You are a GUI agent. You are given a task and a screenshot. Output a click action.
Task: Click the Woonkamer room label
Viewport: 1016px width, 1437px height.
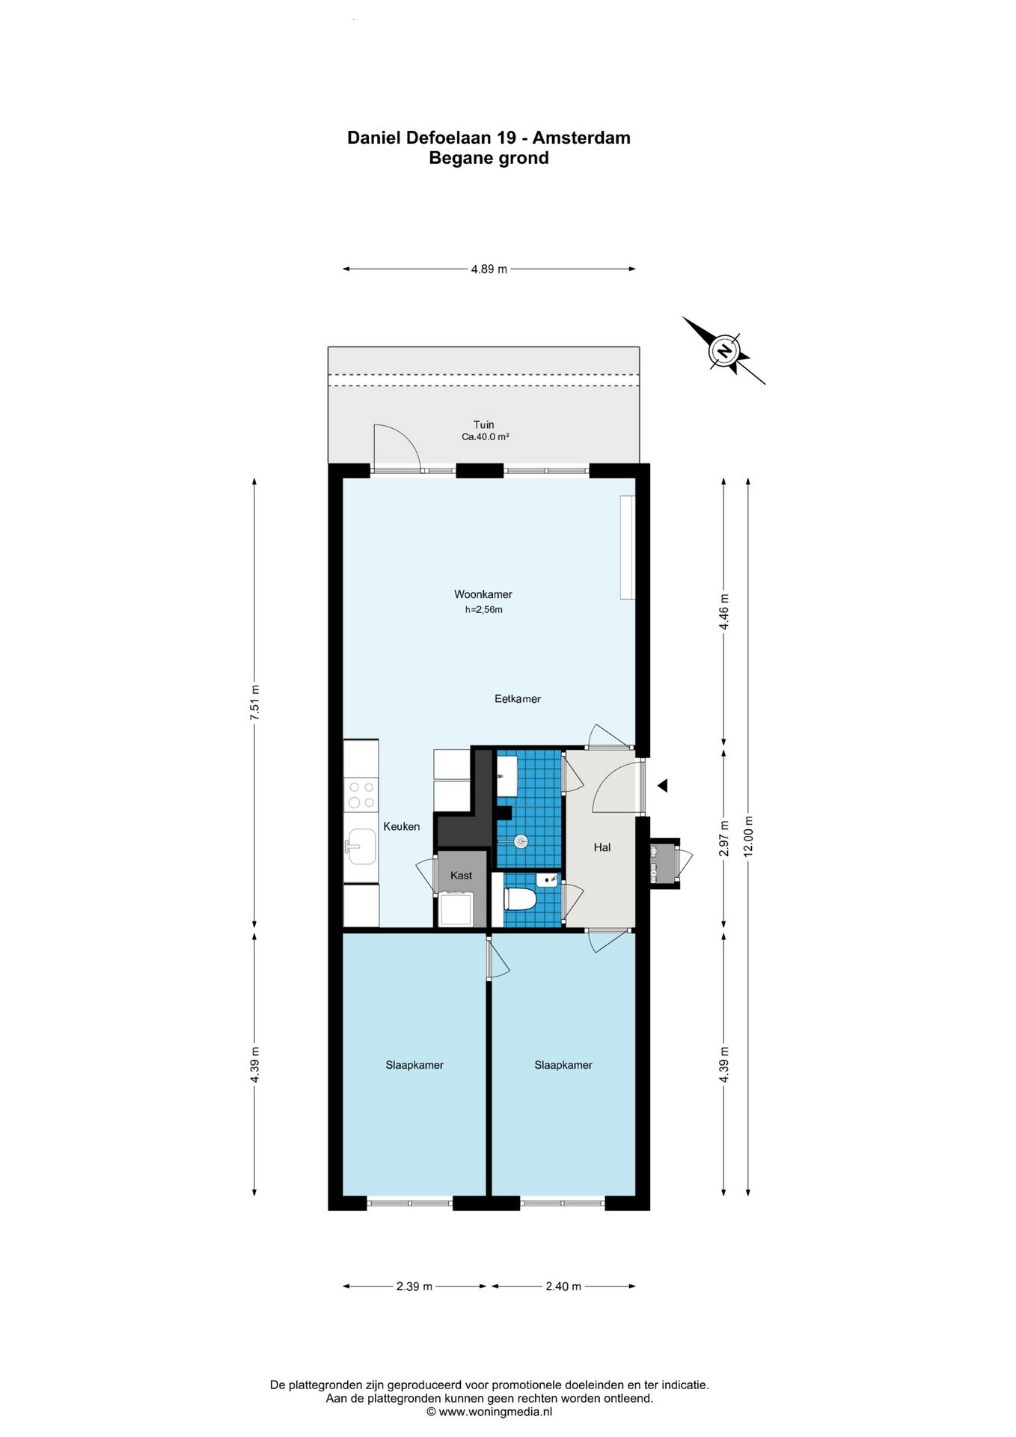483,594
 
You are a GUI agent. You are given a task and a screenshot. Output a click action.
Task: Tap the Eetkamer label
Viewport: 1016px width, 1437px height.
518,699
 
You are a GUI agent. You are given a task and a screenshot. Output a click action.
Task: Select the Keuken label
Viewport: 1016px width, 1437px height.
402,826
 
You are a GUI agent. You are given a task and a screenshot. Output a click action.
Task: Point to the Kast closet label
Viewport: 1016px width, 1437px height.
462,875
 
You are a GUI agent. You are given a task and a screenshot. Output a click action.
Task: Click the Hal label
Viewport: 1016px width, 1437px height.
602,847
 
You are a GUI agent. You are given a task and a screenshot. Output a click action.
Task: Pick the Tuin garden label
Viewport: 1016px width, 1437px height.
484,424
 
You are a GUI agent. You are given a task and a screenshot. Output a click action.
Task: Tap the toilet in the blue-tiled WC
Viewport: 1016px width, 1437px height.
519,898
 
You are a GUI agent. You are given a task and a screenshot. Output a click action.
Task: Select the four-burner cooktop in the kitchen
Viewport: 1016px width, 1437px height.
361,795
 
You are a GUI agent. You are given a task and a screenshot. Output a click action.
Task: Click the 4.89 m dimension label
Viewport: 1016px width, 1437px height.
489,269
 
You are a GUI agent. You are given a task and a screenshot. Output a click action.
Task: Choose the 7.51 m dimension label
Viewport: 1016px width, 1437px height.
255,703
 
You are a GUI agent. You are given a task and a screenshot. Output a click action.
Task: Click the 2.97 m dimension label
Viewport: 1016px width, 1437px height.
724,840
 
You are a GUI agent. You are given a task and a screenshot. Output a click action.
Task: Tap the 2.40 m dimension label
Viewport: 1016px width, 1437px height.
563,1287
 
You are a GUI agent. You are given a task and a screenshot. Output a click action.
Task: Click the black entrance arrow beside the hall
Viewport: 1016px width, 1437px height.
662,785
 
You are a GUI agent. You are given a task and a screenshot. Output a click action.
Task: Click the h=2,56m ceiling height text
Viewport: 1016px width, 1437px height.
484,609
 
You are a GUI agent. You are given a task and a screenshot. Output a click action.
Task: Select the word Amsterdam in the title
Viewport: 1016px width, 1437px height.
581,138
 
